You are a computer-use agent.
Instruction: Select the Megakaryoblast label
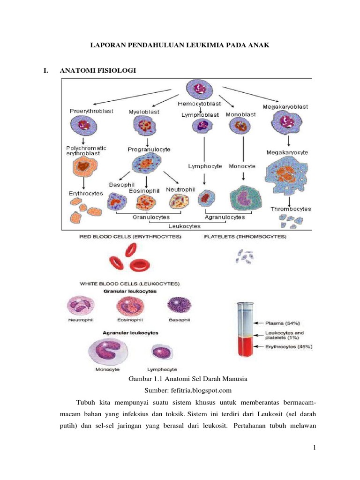[285, 106]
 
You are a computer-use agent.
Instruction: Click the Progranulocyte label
[149, 150]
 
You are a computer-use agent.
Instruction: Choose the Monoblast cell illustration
[240, 127]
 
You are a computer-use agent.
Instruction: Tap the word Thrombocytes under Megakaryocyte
[291, 209]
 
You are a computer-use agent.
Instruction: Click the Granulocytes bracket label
[150, 217]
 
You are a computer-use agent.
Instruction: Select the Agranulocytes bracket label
[225, 217]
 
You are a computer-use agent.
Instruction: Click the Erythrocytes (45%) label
[288, 346]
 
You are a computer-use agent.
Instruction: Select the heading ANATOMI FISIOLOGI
[97, 71]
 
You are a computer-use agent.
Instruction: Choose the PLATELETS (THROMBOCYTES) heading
[245, 237]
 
